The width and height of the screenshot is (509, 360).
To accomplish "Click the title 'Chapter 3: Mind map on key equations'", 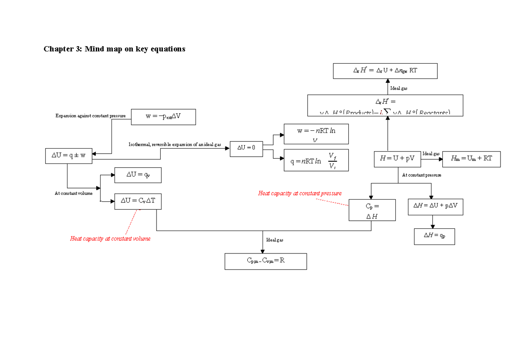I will [115, 49].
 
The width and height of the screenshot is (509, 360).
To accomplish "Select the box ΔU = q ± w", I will [68, 155].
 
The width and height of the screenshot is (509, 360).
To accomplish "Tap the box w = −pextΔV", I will [163, 117].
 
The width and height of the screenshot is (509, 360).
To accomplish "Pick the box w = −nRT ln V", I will [316, 134].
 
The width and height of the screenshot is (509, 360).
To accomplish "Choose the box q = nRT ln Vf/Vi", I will [316, 160].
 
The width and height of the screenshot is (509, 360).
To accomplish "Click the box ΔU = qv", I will [138, 175].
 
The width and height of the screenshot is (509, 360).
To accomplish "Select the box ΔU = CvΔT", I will [138, 201].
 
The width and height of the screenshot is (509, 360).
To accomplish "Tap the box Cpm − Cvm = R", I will [266, 261].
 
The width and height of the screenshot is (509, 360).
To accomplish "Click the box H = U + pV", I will [397, 159].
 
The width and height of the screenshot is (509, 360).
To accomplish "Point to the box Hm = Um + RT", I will [471, 159].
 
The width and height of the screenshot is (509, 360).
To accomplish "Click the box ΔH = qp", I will [434, 236].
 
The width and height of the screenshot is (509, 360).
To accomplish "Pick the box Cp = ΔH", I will [372, 210].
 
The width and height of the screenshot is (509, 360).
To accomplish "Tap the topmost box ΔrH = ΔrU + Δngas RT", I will [385, 71].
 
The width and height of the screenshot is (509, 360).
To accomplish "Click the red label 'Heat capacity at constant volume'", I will [110, 239].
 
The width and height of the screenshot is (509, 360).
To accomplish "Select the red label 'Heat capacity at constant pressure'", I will [299, 194].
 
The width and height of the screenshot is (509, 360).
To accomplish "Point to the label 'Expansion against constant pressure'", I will [90, 116].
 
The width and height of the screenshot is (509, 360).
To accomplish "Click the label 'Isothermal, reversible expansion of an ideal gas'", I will [175, 145].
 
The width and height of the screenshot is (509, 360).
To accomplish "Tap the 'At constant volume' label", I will [73, 194].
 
